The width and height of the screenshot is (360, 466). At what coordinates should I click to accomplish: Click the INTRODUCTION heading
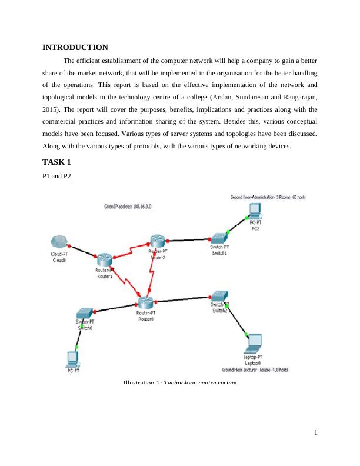(x=75, y=47)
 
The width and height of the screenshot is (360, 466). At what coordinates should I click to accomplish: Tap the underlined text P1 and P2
(x=56, y=176)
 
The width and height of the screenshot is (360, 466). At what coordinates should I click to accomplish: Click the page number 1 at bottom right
(x=316, y=434)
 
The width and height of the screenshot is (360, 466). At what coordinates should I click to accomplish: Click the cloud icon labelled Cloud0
(x=59, y=242)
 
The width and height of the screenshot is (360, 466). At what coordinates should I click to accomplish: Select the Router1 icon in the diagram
(x=104, y=259)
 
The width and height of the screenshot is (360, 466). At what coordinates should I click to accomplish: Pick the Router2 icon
(x=157, y=241)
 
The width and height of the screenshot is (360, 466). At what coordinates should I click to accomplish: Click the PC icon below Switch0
(x=74, y=358)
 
